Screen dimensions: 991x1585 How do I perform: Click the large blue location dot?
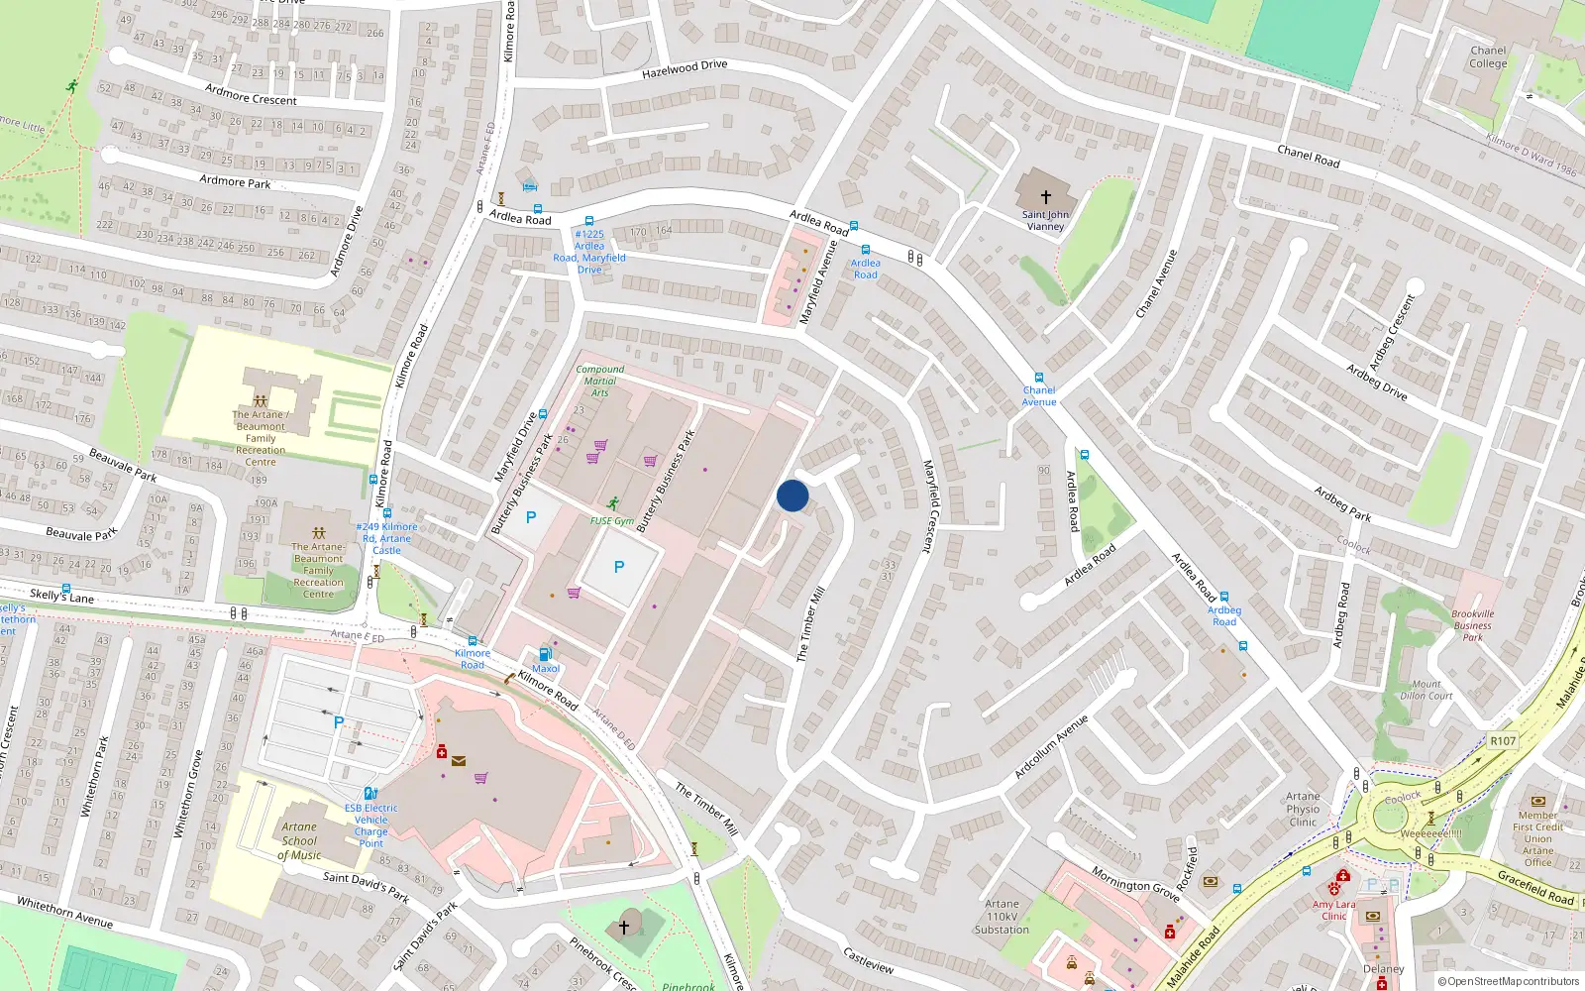pos(792,495)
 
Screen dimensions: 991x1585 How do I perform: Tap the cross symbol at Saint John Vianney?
pos(1045,197)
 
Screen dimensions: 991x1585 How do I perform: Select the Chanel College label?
pos(1488,57)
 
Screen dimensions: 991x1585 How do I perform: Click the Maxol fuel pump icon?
pos(544,654)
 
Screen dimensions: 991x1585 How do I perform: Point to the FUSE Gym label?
pos(612,521)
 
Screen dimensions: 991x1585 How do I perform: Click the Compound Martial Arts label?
pos(600,381)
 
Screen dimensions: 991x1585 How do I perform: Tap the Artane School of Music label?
pos(299,840)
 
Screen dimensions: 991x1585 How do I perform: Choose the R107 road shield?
pos(1502,740)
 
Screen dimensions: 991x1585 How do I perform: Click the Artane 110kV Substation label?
pos(1002,917)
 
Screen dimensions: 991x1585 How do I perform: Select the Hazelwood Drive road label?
pos(685,68)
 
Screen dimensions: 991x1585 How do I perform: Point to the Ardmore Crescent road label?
pos(251,94)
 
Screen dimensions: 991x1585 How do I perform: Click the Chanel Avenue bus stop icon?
pos(1038,378)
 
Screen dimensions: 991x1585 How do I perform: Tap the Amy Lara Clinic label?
pos(1333,910)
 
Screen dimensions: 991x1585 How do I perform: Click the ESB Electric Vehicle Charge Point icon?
pos(370,793)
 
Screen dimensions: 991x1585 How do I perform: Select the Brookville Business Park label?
pos(1473,625)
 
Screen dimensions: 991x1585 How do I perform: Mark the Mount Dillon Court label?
pos(1426,690)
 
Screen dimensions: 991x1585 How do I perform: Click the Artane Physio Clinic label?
pos(1303,809)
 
